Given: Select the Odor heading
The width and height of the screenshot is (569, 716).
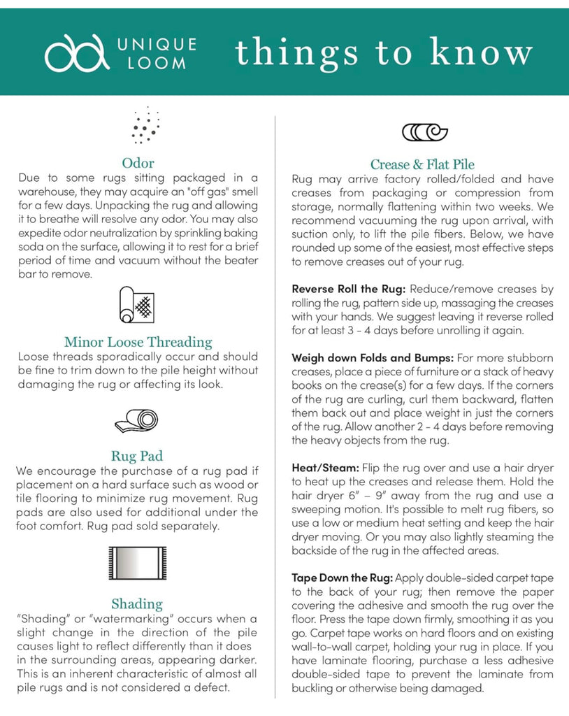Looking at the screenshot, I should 138,164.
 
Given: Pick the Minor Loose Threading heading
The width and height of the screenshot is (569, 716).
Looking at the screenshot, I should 138,342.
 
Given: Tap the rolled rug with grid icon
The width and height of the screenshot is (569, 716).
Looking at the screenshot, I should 137,305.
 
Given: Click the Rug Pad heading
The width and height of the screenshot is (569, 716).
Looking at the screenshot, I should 137,457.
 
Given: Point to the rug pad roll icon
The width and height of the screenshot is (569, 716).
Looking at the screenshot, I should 137,421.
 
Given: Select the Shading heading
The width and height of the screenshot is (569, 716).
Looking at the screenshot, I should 137,603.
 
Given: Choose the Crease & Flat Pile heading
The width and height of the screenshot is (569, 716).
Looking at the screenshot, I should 422,164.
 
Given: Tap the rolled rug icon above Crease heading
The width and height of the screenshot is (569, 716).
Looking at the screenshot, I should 424,131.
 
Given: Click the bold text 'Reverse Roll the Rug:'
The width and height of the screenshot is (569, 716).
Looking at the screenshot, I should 349,289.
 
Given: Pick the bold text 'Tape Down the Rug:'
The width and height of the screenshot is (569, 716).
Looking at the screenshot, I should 343,578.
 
